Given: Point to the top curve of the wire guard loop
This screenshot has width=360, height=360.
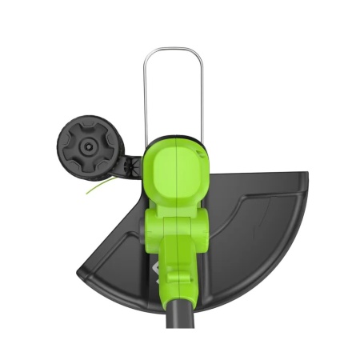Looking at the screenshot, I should [174, 50].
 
